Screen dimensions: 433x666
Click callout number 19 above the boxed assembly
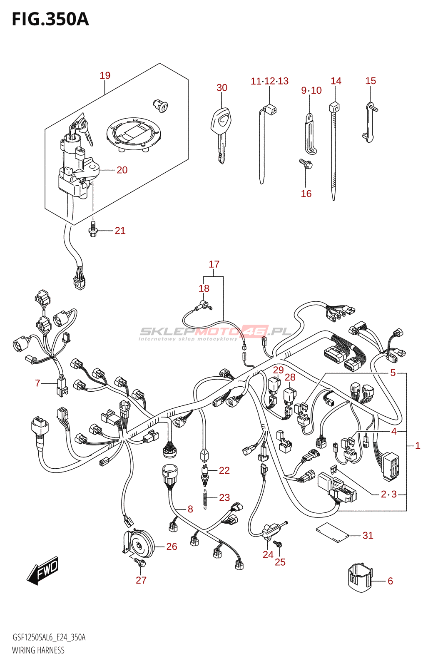coord(105,75)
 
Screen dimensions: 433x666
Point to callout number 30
coord(222,87)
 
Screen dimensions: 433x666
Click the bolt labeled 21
coord(93,229)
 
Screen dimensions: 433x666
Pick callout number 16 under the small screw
coord(306,194)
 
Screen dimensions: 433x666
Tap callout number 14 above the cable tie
coord(336,81)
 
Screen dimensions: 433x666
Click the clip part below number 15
coord(370,122)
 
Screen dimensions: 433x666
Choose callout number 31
coord(368,535)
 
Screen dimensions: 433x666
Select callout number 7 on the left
coord(37,383)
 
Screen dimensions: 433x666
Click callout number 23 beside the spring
coord(224,497)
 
